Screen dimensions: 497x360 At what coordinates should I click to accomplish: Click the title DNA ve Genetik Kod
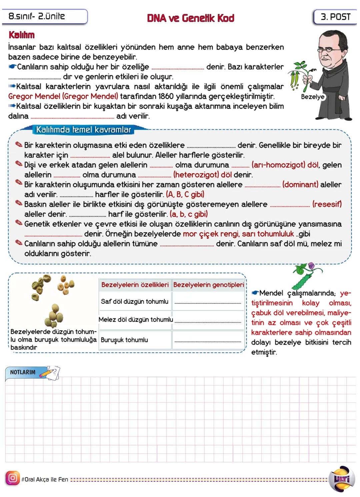[x=190, y=18]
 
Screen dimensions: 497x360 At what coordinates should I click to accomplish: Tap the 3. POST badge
[x=335, y=17]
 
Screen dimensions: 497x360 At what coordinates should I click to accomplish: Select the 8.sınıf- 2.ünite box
[x=44, y=16]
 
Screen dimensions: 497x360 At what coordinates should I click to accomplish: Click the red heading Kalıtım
[x=22, y=35]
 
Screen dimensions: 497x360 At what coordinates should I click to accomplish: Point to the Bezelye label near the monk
[x=312, y=97]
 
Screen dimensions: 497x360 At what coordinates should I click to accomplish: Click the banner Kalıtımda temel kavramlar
[x=83, y=130]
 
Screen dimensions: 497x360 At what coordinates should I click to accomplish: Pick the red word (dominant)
[x=300, y=185]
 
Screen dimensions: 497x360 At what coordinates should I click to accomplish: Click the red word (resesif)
[x=327, y=204]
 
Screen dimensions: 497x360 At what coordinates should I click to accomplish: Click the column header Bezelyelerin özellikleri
[x=135, y=285]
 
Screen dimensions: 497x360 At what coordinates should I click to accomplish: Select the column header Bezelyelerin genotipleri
[x=208, y=285]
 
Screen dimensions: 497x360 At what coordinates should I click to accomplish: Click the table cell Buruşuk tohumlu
[x=124, y=340]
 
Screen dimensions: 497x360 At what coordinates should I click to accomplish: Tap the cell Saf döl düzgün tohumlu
[x=135, y=301]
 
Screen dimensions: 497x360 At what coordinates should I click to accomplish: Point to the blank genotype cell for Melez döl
[x=208, y=320]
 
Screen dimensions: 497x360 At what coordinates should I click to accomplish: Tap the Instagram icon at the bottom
[x=13, y=478]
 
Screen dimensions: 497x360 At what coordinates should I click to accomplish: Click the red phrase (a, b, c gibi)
[x=189, y=214]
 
